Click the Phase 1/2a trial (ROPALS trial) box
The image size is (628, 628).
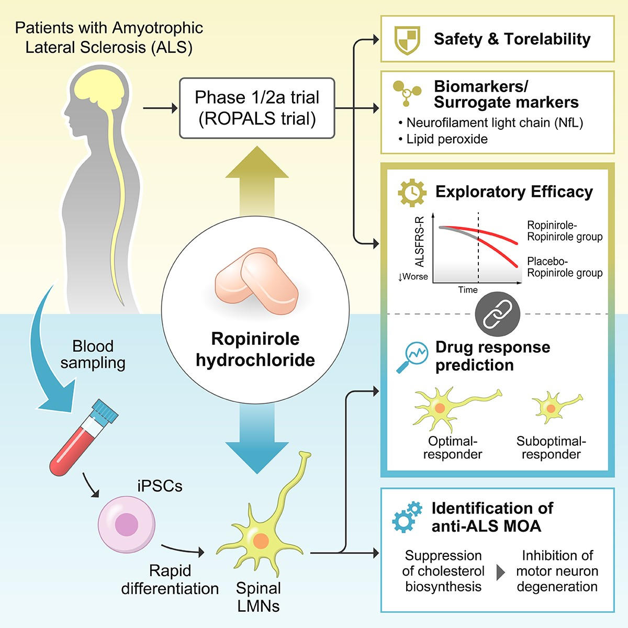coord(256,108)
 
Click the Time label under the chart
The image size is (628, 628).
coord(467,290)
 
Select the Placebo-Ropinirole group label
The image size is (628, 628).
coord(564,267)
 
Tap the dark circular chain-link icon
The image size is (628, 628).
coord(497,315)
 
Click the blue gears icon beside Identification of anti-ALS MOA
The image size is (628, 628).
coord(407,516)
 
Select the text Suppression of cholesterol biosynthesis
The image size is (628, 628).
coord(443,571)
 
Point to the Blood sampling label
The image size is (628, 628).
coord(93,354)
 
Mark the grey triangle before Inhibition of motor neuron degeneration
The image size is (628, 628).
coord(500,571)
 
